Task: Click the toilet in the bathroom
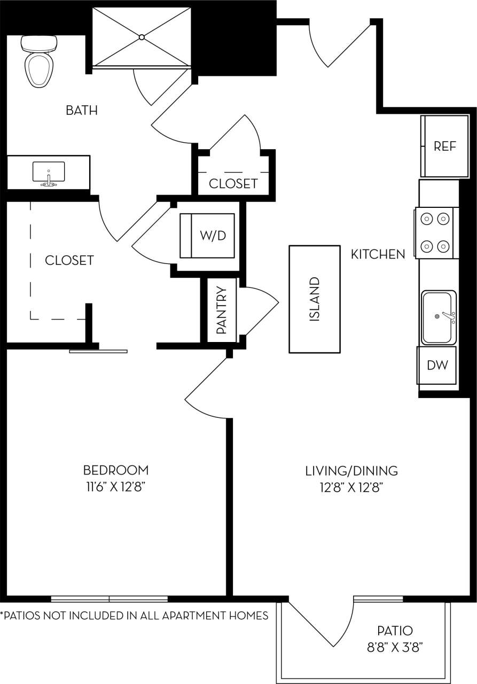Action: tap(40, 62)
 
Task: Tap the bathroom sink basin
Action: tap(48, 172)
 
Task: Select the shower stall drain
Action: tap(142, 37)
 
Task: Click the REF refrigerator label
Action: tap(444, 146)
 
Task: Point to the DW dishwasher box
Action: tap(437, 366)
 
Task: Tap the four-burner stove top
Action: tap(434, 232)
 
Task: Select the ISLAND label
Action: tap(315, 299)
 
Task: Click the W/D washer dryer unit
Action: tap(208, 235)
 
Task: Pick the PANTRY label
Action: tap(222, 310)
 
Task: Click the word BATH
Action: tap(82, 111)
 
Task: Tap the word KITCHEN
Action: tap(378, 254)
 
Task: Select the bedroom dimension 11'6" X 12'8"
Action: tap(115, 487)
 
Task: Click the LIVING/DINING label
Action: tap(351, 471)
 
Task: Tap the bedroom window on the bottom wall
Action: tap(110, 598)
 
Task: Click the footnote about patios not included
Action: tap(134, 616)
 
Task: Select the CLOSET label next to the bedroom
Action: tap(69, 260)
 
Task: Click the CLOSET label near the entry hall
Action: tap(233, 184)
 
